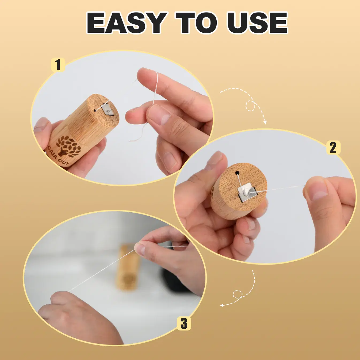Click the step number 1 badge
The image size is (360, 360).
58,65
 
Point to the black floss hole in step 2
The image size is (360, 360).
237,173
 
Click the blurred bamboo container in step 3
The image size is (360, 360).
128,268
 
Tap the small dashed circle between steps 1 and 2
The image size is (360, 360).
250,106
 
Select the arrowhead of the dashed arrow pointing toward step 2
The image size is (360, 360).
265,122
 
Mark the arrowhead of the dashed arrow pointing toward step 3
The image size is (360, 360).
222,305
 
